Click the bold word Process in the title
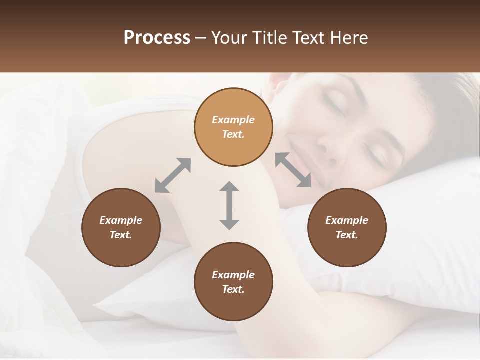click(x=157, y=38)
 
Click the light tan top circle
click(x=233, y=127)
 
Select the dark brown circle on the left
click(x=121, y=227)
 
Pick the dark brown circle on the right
click(x=346, y=227)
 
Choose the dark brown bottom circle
click(x=233, y=282)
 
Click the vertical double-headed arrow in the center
click(x=229, y=205)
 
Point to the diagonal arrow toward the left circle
click(x=173, y=175)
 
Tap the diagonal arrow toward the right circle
click(x=293, y=170)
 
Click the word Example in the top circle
click(x=233, y=120)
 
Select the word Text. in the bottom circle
click(x=233, y=289)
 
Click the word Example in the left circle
click(x=121, y=220)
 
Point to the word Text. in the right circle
click(x=346, y=235)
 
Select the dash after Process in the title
click(x=201, y=38)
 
